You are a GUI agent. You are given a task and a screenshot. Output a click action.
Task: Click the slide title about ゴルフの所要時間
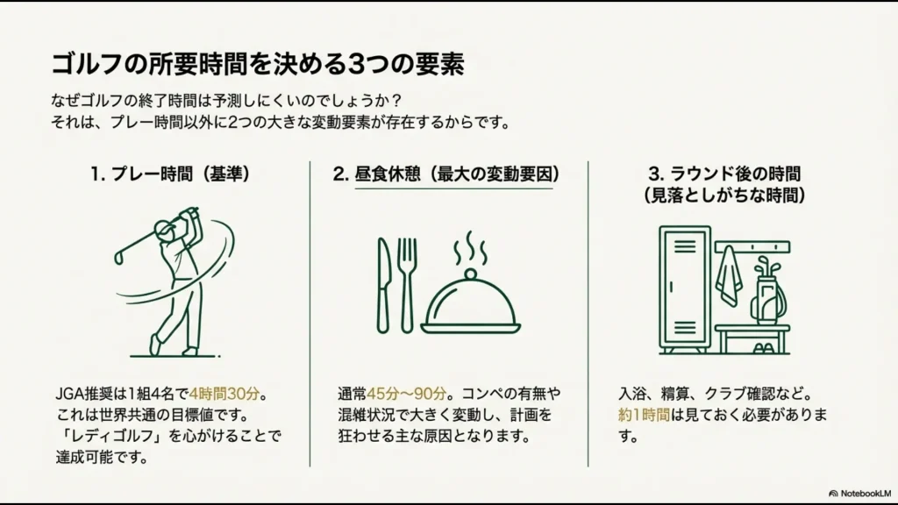pyautogui.click(x=257, y=63)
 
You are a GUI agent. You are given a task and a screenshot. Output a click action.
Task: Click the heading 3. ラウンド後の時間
pyautogui.click(x=724, y=174)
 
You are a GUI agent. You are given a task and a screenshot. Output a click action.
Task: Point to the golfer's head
pyautogui.click(x=164, y=230)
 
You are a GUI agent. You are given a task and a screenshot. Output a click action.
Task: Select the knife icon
pyautogui.click(x=383, y=285)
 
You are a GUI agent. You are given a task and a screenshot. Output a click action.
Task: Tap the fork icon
pyautogui.click(x=407, y=285)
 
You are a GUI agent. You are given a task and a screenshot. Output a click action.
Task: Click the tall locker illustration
pyautogui.click(x=685, y=288)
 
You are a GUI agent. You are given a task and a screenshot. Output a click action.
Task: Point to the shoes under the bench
pyautogui.click(x=764, y=347)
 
